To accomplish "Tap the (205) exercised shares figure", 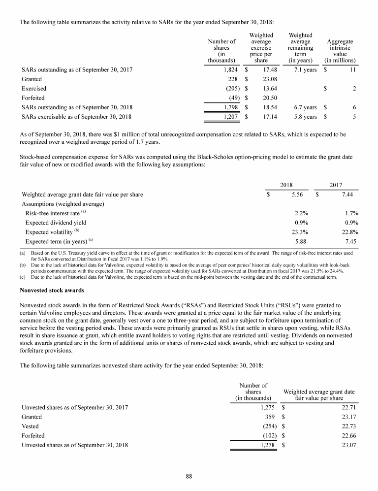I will point(229,89).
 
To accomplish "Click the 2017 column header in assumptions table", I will point(336,185).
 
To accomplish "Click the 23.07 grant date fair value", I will point(347,445).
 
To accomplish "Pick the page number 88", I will point(189,476).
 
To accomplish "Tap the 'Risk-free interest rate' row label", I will point(53,213).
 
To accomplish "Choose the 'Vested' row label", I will point(31,426).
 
